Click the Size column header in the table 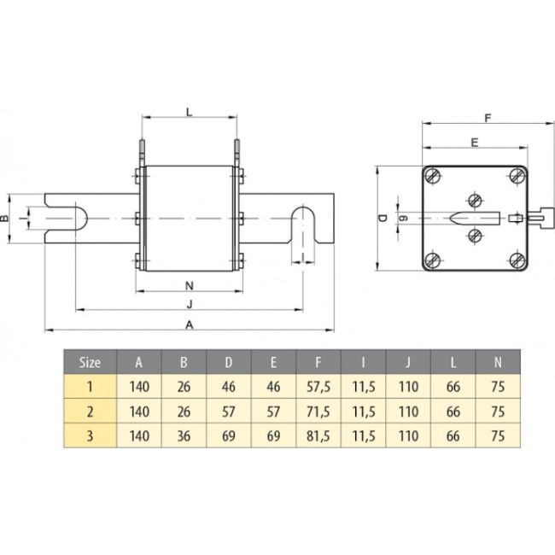(90, 361)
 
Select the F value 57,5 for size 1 (317, 387)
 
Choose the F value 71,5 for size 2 (317, 411)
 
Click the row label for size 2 (90, 411)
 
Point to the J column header (409, 361)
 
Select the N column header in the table (498, 361)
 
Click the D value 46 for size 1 (228, 387)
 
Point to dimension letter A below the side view (189, 324)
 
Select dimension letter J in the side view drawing (189, 303)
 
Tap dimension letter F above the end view (487, 117)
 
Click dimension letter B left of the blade (6, 219)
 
